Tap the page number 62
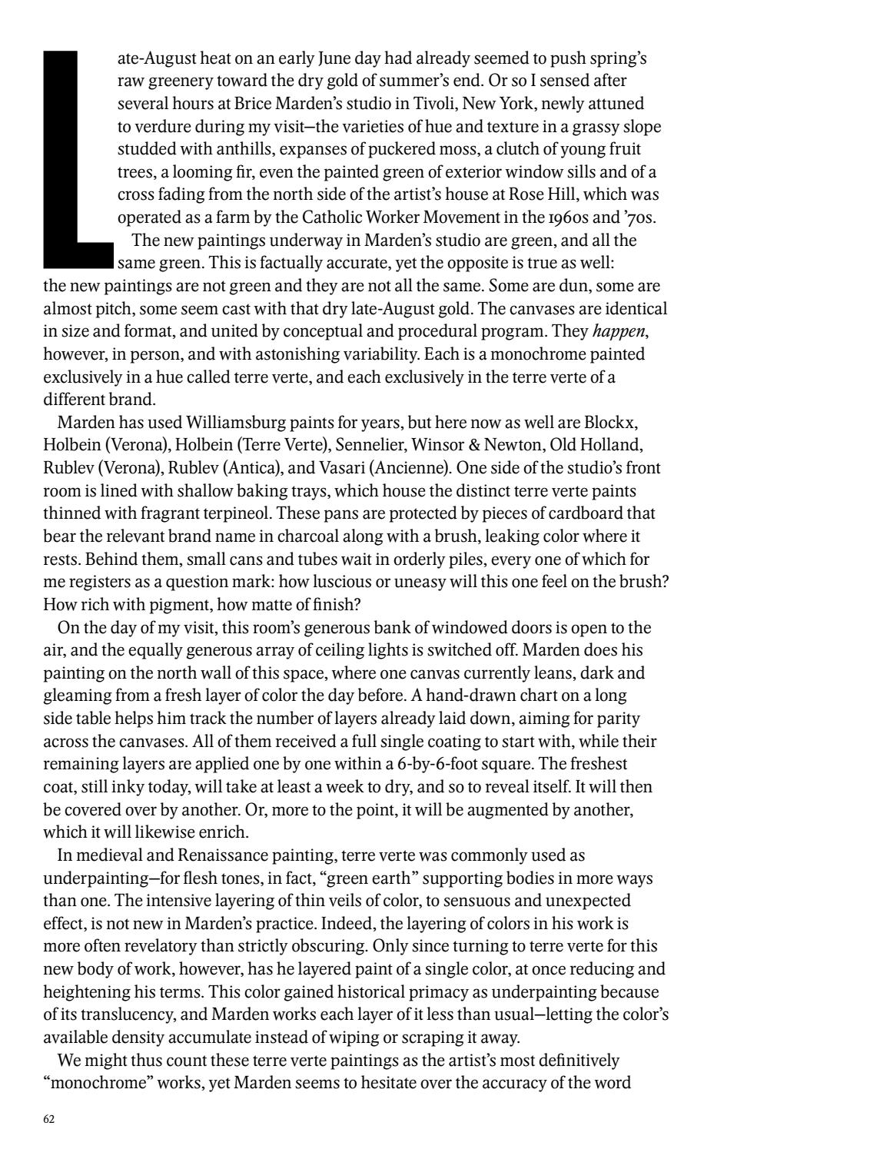pyautogui.click(x=49, y=1119)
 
